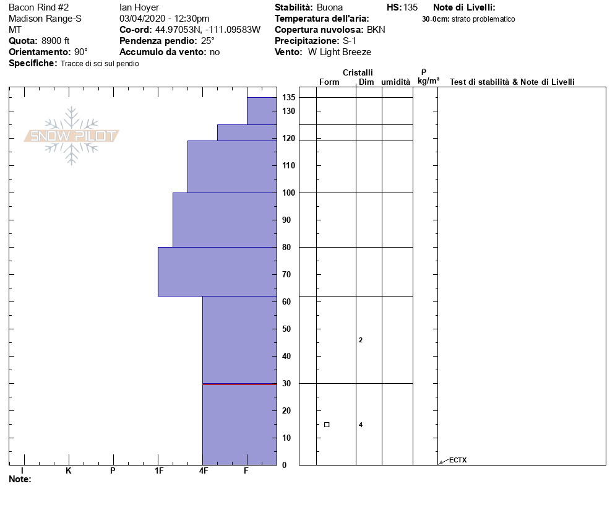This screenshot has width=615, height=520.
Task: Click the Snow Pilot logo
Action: click(72, 136)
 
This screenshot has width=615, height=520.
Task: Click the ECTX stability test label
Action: click(458, 460)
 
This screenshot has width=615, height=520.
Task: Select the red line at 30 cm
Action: click(239, 384)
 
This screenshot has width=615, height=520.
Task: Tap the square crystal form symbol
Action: click(327, 425)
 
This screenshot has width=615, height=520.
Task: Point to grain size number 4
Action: click(361, 425)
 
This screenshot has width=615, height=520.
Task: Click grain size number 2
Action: click(361, 340)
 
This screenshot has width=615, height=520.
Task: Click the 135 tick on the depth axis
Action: click(288, 98)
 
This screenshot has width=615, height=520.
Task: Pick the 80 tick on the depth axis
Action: click(288, 248)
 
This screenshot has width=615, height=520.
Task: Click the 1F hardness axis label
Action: click(159, 471)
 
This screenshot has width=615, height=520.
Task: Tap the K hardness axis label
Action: click(69, 471)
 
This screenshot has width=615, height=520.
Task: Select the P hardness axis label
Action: click(113, 471)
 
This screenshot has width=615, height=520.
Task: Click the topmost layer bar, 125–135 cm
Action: click(262, 111)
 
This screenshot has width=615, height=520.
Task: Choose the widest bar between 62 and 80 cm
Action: click(217, 272)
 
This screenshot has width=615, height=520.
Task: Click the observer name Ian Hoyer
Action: click(139, 7)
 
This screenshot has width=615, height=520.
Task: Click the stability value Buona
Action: click(329, 7)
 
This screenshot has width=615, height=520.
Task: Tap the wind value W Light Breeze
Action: click(340, 52)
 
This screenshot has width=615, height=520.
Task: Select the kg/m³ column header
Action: click(428, 81)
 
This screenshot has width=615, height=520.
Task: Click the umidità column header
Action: click(395, 82)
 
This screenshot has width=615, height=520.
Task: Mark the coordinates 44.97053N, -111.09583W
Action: click(207, 30)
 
